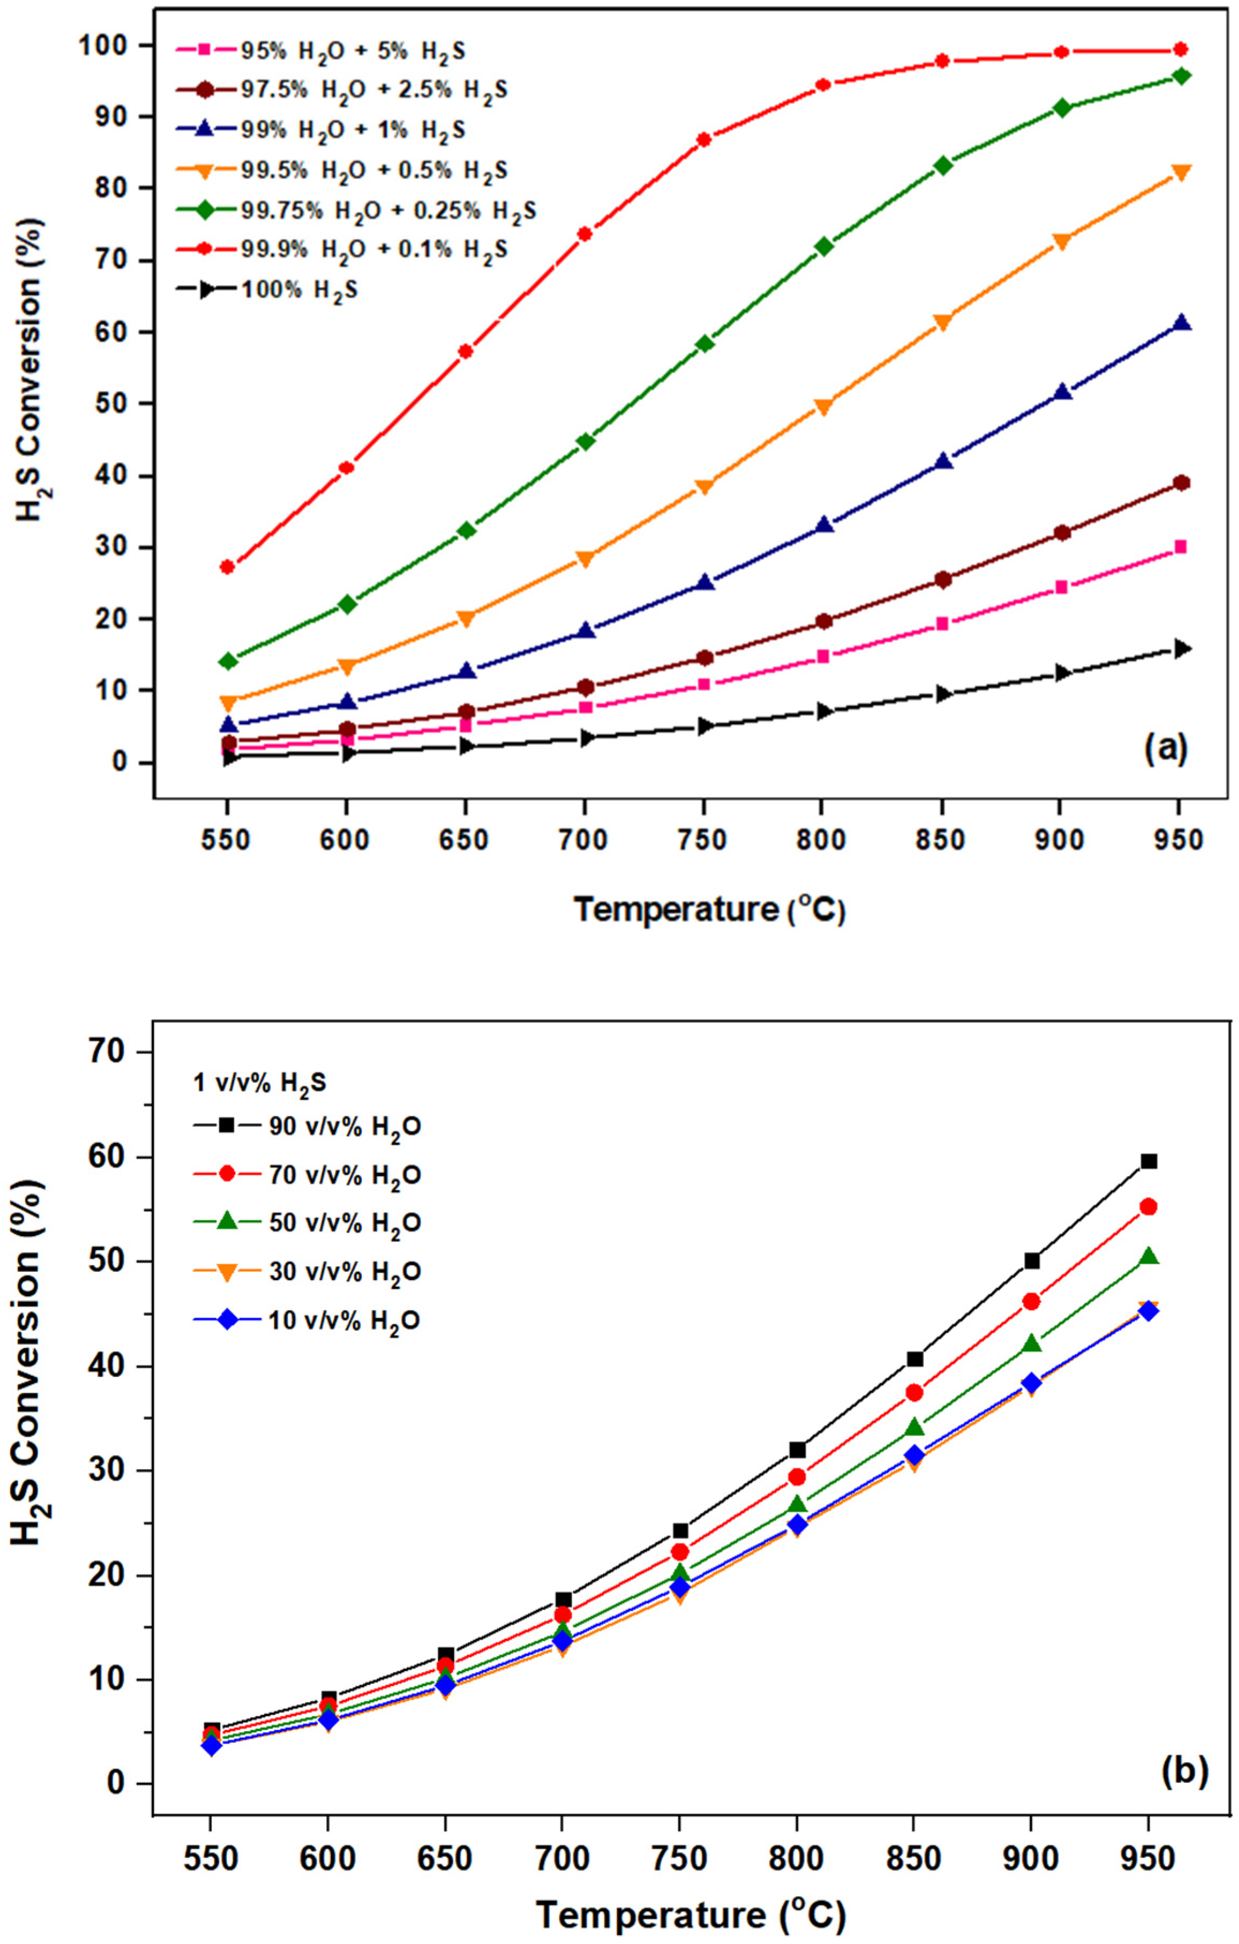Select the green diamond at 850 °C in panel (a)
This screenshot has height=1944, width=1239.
[x=943, y=165]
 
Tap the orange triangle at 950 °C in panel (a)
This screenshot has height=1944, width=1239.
[x=1180, y=173]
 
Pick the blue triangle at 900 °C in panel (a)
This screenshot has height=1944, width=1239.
[x=1062, y=392]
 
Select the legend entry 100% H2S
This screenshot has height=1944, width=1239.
[x=298, y=290]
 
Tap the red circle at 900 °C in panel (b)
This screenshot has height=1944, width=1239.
[x=1031, y=1301]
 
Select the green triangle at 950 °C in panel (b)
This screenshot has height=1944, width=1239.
[x=1148, y=1256]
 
